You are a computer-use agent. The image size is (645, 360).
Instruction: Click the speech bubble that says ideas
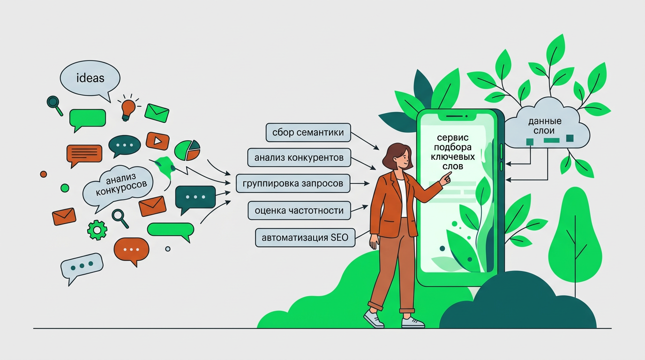coord(90,79)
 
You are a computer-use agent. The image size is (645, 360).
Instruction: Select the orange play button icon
coord(157,141)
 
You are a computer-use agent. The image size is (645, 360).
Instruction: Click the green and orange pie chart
coord(187,150)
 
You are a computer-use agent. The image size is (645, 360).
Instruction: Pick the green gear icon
coord(97,230)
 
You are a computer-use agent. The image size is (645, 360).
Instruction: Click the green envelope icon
coord(157,112)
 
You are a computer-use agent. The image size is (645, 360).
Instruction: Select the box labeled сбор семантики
coord(308,133)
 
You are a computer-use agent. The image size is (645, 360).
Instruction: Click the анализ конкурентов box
coord(299,157)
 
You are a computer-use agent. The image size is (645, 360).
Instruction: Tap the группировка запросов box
coord(293,183)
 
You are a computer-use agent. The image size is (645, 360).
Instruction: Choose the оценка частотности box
coord(299,210)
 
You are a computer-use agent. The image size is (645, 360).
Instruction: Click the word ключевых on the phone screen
coord(453,157)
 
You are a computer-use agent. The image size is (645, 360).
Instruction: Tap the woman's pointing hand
coord(446,179)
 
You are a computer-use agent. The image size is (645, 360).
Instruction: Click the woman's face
coord(404,159)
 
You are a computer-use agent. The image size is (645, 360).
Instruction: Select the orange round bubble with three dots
coord(132,250)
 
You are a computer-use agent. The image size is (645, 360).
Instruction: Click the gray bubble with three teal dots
coord(82,266)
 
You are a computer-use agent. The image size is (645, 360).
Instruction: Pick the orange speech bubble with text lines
coord(84,154)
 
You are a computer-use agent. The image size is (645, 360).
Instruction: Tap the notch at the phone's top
coord(457,116)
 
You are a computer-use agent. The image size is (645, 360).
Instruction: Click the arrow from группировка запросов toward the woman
coord(360,183)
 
